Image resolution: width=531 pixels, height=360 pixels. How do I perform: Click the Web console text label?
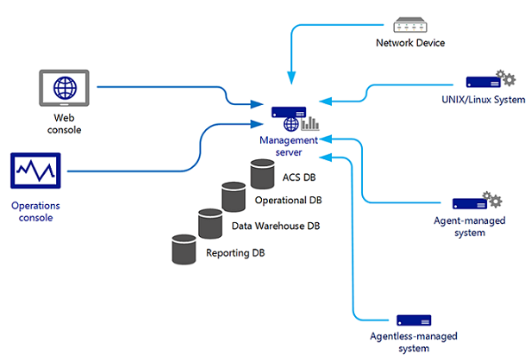click(x=64, y=123)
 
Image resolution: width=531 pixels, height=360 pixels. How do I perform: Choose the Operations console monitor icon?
click(x=34, y=171)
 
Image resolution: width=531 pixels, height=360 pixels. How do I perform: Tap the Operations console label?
click(x=33, y=212)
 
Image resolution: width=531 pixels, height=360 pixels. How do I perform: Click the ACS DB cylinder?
click(x=262, y=174)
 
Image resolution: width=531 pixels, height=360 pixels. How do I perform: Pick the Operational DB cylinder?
click(x=234, y=197)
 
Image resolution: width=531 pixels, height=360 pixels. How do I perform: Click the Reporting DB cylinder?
click(x=184, y=249)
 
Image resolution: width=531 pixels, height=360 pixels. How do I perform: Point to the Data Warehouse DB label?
click(x=276, y=227)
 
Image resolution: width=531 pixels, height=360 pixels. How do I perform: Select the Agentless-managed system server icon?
click(x=413, y=320)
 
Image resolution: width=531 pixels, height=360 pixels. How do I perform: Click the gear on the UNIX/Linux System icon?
click(x=509, y=79)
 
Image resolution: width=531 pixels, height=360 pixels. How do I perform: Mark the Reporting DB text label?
click(x=234, y=254)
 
